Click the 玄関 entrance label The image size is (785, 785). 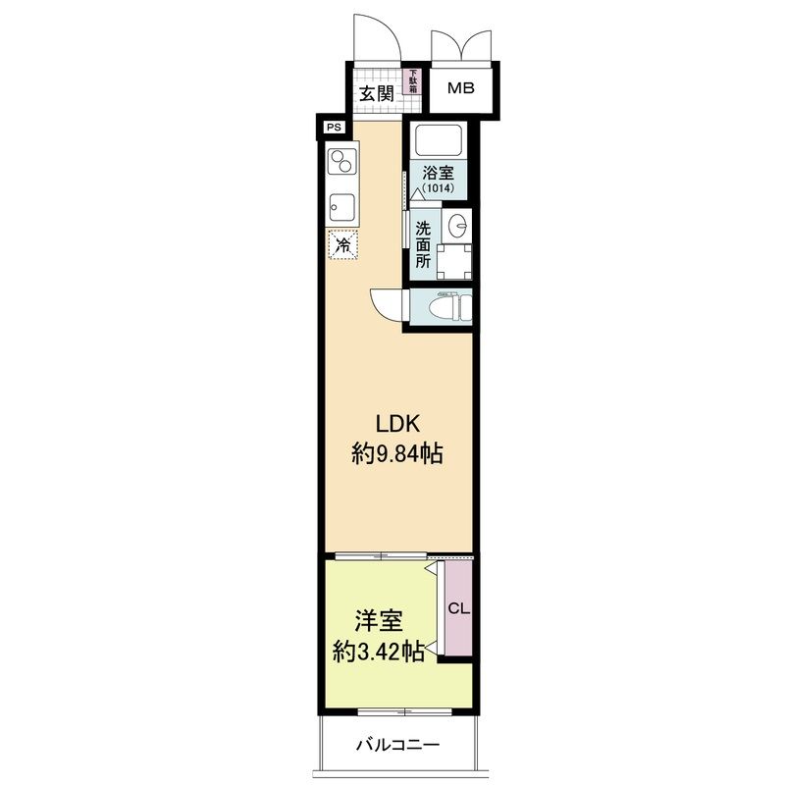coord(377,93)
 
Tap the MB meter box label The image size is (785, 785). coord(460,88)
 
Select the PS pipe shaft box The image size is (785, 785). coord(334,128)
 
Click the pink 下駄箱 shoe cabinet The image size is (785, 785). coord(413,81)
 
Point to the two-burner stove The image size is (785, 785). coord(341,161)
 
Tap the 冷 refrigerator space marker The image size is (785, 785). coord(342,244)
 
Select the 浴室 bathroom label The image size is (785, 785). coord(438,174)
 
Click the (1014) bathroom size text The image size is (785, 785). coord(438,188)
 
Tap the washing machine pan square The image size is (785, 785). coord(454,261)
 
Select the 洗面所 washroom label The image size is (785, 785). coord(423,244)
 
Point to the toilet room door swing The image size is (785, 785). coord(387,304)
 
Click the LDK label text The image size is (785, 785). coord(397,424)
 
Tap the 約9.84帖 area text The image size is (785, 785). coord(397,454)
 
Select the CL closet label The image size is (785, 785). coord(458,608)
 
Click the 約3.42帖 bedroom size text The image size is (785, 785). coord(379,652)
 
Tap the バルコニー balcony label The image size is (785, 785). coord(398,746)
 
